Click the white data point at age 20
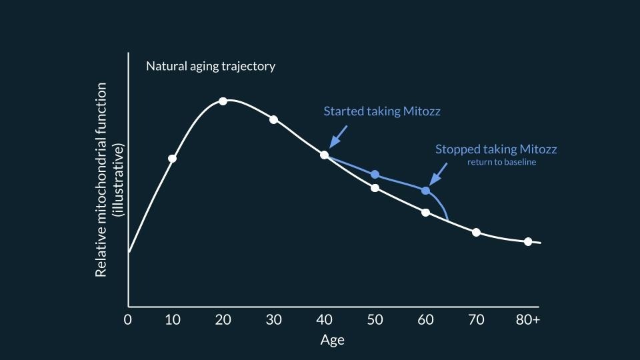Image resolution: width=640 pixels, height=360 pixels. tap(223, 101)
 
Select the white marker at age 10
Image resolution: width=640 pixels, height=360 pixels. tap(173, 159)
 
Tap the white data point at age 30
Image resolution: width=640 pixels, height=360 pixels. tap(273, 120)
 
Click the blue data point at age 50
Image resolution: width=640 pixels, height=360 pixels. tap(375, 174)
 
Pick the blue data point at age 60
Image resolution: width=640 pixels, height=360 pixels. tap(425, 191)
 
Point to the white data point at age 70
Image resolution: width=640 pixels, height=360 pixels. tap(476, 232)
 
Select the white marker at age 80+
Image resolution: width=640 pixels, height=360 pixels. tap(528, 241)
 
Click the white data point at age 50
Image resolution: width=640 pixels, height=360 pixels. tap(375, 188)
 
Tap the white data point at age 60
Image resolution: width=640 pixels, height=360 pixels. tap(425, 213)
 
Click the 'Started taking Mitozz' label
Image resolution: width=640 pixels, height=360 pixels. tap(382, 111)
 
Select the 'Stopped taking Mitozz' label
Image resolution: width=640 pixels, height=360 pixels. tap(496, 149)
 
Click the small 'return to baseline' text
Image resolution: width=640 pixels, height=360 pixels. tap(501, 162)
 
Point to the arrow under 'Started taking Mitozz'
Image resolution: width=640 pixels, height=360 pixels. tap(338, 137)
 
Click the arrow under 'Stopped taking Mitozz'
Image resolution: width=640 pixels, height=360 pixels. tap(438, 175)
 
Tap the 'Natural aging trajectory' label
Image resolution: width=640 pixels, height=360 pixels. tap(211, 67)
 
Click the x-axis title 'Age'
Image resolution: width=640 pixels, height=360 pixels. tap(332, 340)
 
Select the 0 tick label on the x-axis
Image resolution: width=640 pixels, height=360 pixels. tap(128, 319)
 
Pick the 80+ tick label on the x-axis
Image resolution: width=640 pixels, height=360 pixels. tap(527, 319)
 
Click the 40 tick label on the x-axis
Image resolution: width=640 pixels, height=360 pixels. tap(324, 319)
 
